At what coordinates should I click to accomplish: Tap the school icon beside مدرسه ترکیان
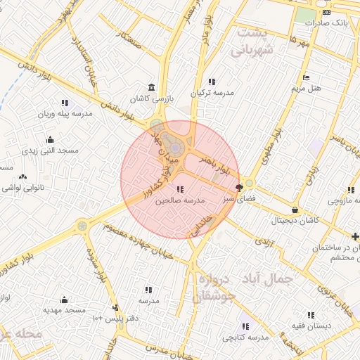click(212, 82)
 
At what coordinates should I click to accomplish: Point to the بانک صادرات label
click(327, 22)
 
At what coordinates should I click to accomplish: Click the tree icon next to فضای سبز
click(240, 188)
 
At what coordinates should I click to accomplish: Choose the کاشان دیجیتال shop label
click(295, 220)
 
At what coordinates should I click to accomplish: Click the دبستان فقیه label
click(309, 326)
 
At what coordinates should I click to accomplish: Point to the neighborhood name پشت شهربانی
click(251, 41)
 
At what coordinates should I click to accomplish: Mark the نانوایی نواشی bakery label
click(25, 188)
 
